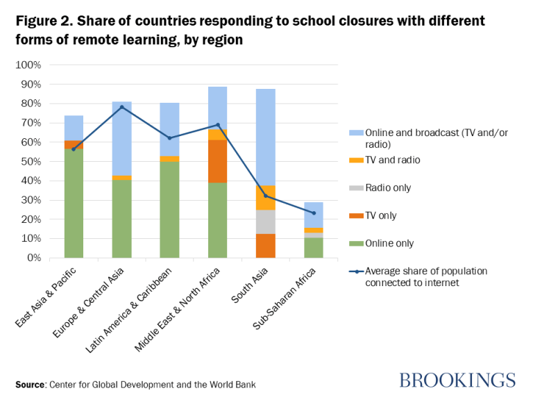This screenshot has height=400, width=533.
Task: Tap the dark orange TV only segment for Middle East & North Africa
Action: (x=218, y=161)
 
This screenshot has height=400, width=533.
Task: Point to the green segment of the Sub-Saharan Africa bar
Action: (x=314, y=247)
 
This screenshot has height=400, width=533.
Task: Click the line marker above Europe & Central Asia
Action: (x=121, y=107)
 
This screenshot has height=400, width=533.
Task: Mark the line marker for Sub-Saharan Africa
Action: (x=314, y=212)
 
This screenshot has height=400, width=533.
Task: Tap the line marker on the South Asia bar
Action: (x=266, y=195)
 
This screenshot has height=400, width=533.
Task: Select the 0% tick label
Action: (x=33, y=258)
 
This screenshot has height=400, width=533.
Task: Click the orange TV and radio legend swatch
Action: (x=350, y=160)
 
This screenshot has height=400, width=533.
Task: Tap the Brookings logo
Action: (x=457, y=380)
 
